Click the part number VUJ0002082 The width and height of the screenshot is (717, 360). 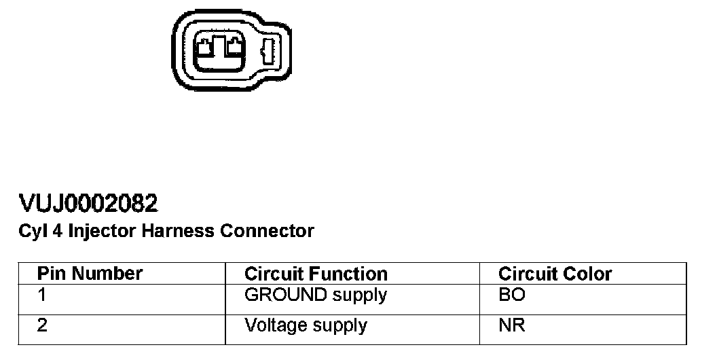89,202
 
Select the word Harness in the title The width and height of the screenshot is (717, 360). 177,231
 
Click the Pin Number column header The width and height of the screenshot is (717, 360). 90,273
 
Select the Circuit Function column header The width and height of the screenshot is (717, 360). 316,274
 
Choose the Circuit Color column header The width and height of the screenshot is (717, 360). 555,274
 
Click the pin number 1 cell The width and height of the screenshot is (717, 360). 42,296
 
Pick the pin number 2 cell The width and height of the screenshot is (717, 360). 42,325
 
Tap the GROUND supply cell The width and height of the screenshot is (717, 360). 315,296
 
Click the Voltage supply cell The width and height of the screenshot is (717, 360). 306,325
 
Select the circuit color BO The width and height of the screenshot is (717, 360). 511,296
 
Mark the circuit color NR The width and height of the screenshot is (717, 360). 511,325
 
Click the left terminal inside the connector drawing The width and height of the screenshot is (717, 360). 204,48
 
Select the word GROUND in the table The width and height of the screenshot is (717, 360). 278,295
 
